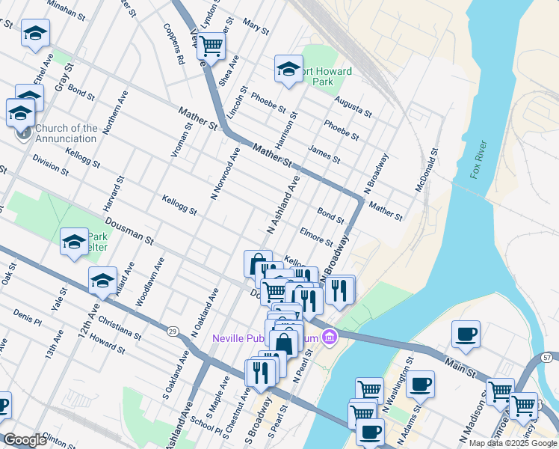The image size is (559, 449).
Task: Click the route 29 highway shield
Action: (173, 331)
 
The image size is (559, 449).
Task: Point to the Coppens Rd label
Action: (174, 46)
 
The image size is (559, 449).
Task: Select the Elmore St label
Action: (316, 236)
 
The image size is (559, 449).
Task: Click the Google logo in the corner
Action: (25, 440)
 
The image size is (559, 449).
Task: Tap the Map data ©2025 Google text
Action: (513, 443)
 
